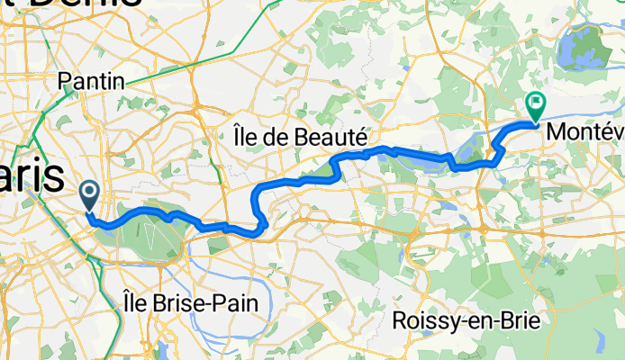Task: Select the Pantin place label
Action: [x=91, y=82]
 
